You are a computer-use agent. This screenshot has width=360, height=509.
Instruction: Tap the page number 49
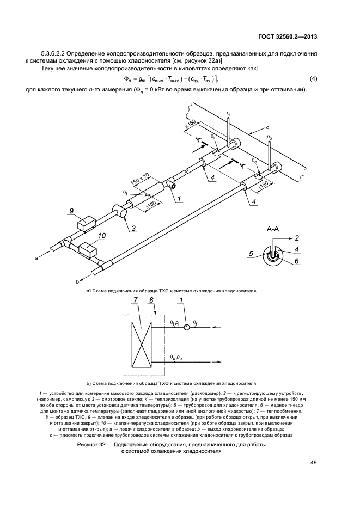[x=314, y=463]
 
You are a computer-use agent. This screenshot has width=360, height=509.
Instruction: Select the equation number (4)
[x=313, y=79]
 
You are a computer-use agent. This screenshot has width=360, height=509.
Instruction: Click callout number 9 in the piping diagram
[x=71, y=211]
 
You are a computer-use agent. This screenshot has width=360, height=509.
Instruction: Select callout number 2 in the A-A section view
[x=297, y=238]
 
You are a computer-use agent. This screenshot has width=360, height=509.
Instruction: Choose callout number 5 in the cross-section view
[x=252, y=253]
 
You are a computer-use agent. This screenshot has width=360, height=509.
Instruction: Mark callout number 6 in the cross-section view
[x=297, y=261]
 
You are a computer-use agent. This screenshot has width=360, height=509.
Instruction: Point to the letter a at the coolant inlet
[x=37, y=260]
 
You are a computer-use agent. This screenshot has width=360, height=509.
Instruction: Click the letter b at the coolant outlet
[x=77, y=281]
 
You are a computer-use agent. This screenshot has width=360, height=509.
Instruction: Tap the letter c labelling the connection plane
[x=267, y=127]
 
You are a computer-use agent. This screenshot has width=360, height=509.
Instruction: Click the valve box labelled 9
[x=85, y=224]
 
